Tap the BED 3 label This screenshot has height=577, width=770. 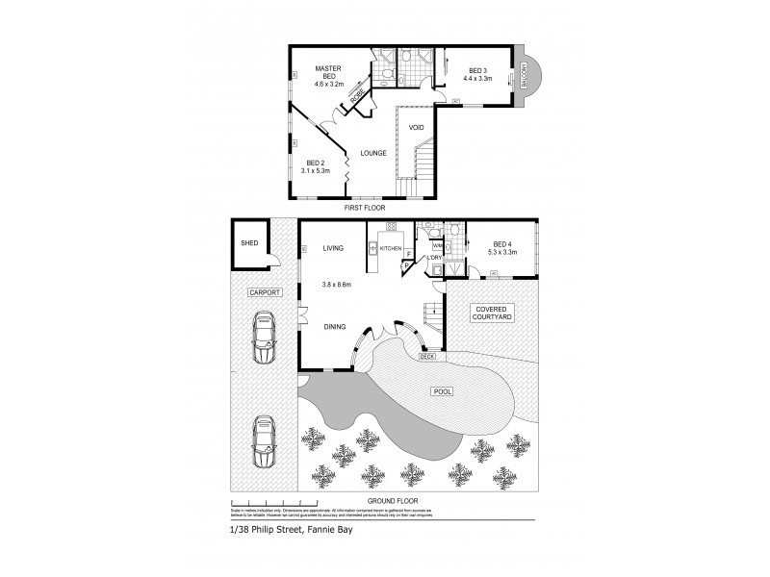(478, 70)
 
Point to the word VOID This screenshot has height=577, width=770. (416, 127)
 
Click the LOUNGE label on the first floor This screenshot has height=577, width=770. (373, 152)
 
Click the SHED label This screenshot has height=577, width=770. (249, 244)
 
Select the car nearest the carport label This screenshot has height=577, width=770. (261, 339)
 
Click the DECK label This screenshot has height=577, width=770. (427, 357)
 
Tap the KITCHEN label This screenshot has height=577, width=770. (390, 248)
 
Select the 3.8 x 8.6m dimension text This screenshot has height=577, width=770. (338, 285)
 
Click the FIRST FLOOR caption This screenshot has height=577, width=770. (366, 207)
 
